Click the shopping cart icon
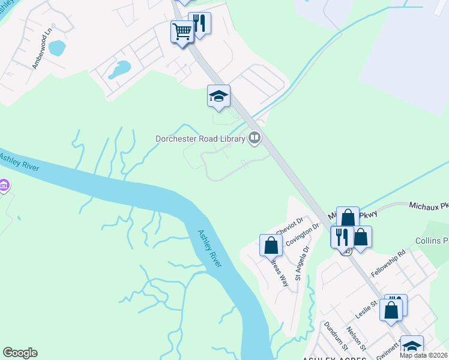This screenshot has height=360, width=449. (182, 31)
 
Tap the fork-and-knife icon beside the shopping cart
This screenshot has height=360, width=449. (199, 24)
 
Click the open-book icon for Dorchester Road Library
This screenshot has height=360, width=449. (255, 139)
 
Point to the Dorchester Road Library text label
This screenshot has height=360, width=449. (200, 139)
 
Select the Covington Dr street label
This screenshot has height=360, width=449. (301, 233)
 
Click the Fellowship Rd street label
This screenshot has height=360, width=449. (388, 262)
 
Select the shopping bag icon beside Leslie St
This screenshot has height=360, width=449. (391, 311)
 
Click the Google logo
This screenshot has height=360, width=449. (20, 353)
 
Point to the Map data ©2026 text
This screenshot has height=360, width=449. (424, 355)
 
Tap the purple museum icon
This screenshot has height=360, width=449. (4, 185)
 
